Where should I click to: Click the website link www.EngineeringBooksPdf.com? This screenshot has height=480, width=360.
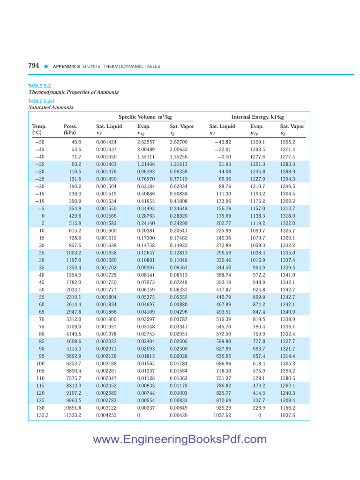180,439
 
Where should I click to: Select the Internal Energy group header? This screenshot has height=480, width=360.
257,117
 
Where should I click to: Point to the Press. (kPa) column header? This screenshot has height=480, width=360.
70,129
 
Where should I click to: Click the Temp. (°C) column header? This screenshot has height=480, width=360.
39,129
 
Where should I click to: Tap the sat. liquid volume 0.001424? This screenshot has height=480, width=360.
106,142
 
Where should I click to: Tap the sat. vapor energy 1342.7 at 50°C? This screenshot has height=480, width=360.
287,290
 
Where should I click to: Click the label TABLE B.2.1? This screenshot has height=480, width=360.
42,101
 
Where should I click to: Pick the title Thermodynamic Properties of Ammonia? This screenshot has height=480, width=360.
74,92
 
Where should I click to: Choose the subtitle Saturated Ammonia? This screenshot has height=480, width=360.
51,107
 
